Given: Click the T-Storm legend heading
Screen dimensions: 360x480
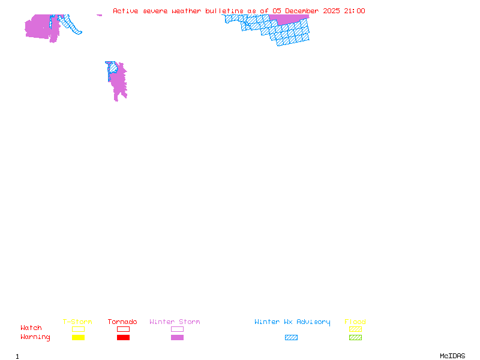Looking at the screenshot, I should coord(77,322).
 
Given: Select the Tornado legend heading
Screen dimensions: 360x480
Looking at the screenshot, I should coord(122,322).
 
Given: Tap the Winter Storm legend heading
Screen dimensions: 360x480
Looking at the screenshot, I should coord(175,322).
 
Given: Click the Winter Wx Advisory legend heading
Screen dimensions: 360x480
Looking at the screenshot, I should coord(292,322).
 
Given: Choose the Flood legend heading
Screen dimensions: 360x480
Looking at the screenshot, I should coord(355,322).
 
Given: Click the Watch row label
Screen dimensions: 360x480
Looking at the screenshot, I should coord(31,328).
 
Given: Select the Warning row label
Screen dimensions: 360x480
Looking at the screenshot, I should coord(35,337).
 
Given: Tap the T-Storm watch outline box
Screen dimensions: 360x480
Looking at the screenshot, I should coord(78,329).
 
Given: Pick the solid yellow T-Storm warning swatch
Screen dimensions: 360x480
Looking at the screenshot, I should coord(78,337).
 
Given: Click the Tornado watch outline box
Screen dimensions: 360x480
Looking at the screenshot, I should coord(123,329).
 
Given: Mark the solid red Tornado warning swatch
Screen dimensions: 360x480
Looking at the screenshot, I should coord(123,337).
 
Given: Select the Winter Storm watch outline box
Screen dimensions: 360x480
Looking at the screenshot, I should coord(177,329).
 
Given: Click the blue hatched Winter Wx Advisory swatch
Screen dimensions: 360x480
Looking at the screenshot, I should coord(291,337).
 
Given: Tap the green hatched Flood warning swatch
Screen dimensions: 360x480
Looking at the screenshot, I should coord(355,337).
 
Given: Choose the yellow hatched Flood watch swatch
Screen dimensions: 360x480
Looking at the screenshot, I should coord(355,329).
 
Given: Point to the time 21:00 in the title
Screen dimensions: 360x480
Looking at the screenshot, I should coord(355,11).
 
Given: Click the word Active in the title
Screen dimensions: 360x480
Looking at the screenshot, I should coord(126,11).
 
